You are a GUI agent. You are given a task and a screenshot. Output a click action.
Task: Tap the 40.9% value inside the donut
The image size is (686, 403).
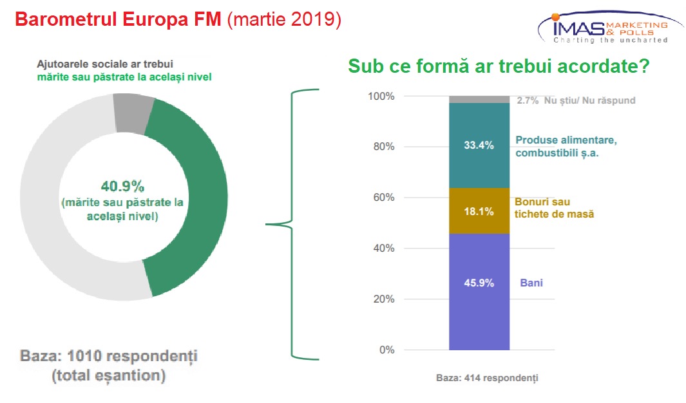(122, 187)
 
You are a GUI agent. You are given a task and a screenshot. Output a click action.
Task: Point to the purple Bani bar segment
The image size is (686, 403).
(479, 292)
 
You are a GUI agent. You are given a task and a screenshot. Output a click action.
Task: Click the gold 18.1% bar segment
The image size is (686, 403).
(479, 211)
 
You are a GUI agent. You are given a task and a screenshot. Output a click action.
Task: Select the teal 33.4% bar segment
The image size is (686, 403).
(479, 145)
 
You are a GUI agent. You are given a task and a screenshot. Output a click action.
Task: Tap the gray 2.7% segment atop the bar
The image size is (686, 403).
(479, 100)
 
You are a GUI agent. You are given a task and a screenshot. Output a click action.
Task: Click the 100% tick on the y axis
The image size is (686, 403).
(381, 96)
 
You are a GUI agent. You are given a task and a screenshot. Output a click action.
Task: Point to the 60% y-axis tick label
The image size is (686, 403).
(384, 197)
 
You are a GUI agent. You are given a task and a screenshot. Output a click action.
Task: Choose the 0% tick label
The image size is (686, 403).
(386, 350)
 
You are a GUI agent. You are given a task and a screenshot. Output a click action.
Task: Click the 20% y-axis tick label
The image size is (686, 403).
(384, 299)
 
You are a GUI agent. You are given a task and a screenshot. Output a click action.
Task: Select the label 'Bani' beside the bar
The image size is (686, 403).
(531, 283)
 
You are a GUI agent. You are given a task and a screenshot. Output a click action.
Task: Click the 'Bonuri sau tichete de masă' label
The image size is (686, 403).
(554, 208)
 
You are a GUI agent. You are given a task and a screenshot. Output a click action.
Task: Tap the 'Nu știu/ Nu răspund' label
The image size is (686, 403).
(589, 100)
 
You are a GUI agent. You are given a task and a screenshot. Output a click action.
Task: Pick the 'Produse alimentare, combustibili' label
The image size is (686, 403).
(566, 146)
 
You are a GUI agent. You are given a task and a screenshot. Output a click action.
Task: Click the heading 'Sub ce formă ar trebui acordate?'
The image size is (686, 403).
(499, 66)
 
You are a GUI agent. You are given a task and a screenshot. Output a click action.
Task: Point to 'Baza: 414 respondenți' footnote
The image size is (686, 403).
(487, 378)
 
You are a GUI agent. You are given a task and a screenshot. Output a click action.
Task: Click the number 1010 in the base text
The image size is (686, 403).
(84, 356)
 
